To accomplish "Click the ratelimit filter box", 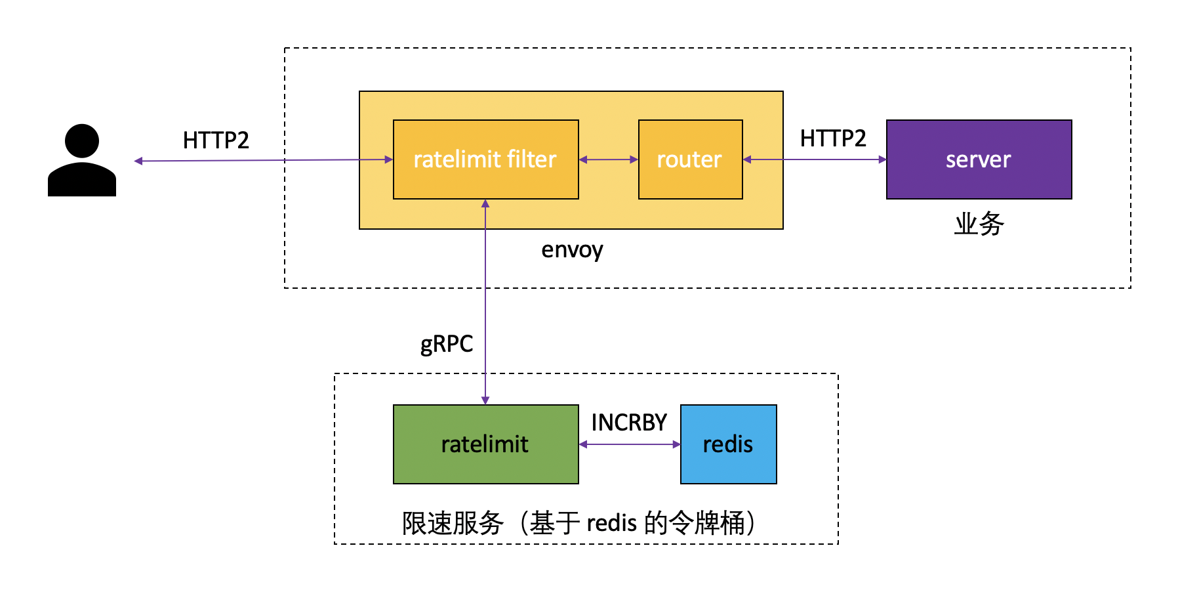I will (485, 159).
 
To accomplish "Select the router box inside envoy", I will (690, 159).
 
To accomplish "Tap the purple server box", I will (979, 159).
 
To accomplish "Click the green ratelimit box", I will (485, 444).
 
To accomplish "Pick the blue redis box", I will (728, 444).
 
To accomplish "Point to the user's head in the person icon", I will (82, 140).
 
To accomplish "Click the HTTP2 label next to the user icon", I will (216, 140).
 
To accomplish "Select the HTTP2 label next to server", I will (833, 138).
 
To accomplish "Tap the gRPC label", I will (447, 344).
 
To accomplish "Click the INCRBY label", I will (629, 423).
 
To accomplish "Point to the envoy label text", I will (572, 250).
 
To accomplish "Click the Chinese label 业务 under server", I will (979, 224).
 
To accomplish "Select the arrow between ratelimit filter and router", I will (609, 159).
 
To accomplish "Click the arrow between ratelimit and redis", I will (630, 444).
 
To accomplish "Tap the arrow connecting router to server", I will (815, 159).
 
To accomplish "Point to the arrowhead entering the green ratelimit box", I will (485, 400).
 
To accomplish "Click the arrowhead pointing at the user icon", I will (138, 161).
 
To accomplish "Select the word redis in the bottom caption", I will (611, 523).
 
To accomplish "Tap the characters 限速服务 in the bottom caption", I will (453, 523).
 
